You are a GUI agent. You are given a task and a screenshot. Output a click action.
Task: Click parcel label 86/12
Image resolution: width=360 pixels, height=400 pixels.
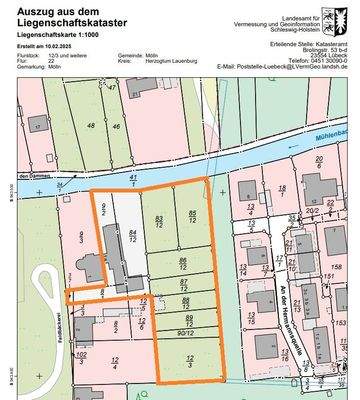coord(182,262)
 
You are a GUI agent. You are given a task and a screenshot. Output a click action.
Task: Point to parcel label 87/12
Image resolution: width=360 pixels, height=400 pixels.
coord(183,284)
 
